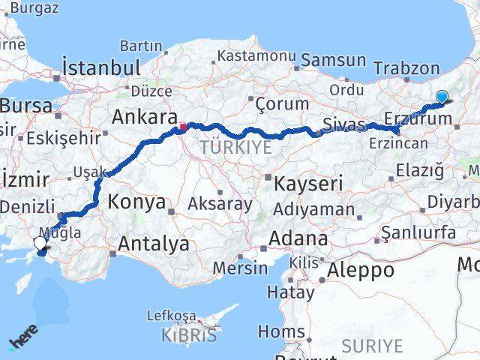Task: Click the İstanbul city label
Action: (101, 67)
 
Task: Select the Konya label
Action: (136, 201)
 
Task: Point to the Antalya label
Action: (154, 243)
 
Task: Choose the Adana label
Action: (299, 239)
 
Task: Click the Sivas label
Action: (343, 123)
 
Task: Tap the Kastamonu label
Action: (257, 56)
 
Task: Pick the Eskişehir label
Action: (63, 138)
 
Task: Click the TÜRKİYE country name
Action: (235, 148)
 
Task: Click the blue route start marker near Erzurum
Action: (442, 96)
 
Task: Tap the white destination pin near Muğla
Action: (40, 244)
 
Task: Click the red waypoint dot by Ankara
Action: (182, 127)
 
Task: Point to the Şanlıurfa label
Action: (418, 232)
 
